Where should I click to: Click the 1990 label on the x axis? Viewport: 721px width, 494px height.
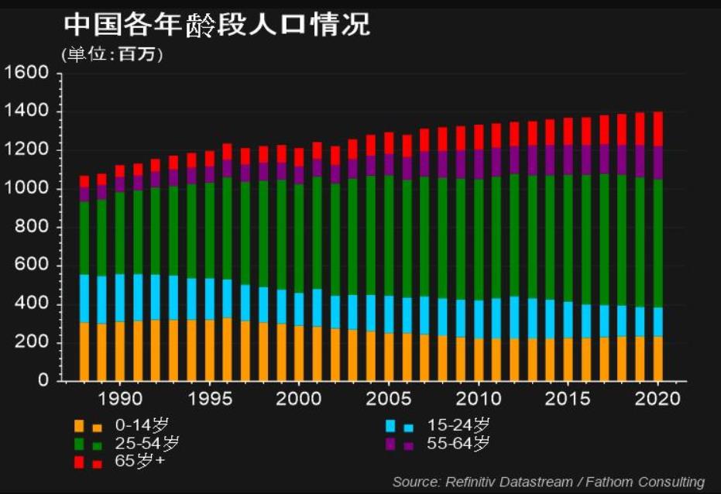[120, 400]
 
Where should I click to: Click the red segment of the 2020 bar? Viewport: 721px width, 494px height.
[657, 129]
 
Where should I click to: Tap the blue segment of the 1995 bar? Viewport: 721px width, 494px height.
[210, 299]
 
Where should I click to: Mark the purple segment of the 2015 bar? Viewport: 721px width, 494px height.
[568, 160]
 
